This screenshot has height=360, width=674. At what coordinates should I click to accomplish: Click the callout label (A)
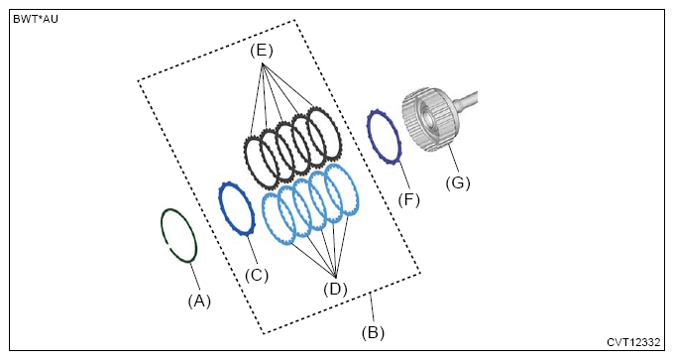pyautogui.click(x=199, y=301)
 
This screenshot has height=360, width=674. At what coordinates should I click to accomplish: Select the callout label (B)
pyautogui.click(x=373, y=332)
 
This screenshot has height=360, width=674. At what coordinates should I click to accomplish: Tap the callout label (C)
pyautogui.click(x=257, y=275)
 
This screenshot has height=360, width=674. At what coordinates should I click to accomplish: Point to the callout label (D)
pyautogui.click(x=335, y=289)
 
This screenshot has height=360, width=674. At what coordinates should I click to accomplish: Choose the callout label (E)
pyautogui.click(x=262, y=51)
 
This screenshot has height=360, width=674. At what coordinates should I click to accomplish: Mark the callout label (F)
pyautogui.click(x=408, y=199)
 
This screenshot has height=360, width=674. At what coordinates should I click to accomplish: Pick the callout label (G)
pyautogui.click(x=458, y=182)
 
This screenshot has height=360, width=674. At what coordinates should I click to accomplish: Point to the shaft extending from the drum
pyautogui.click(x=468, y=100)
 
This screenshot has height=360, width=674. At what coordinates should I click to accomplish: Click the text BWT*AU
pyautogui.click(x=36, y=20)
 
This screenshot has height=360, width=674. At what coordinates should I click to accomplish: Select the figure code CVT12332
pyautogui.click(x=633, y=342)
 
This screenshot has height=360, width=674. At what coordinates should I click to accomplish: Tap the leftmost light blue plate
pyautogui.click(x=265, y=215)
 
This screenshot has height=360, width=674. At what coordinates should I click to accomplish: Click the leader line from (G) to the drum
pyautogui.click(x=454, y=161)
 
